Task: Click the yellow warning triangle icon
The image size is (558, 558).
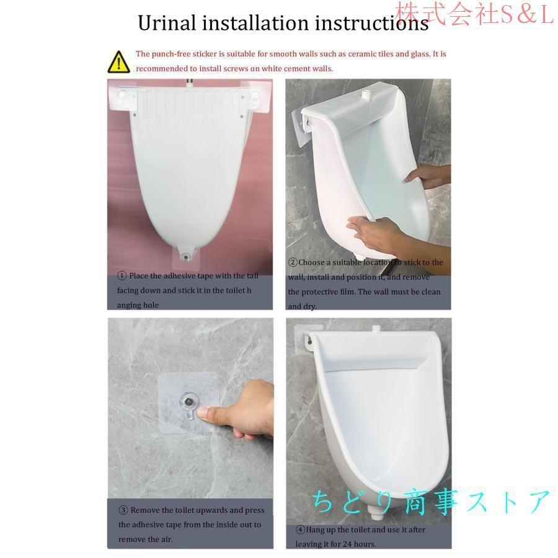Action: tap(118, 62)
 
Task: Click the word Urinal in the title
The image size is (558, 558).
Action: tap(167, 23)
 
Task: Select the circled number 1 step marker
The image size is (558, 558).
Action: tap(122, 276)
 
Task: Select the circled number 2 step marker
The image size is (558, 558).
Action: tap(293, 262)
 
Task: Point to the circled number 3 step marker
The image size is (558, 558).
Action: tap(123, 510)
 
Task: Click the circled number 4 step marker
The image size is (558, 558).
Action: tap(300, 530)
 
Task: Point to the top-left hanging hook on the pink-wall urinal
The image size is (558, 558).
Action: tap(123, 96)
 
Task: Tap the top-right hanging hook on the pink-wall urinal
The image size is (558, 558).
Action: tap(255, 96)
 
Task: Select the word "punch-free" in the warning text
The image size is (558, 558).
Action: tap(172, 54)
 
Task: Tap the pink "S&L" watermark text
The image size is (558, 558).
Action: tap(526, 14)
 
